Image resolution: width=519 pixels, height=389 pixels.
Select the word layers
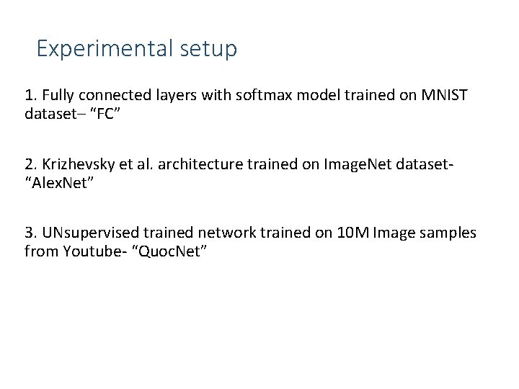[168, 95]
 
